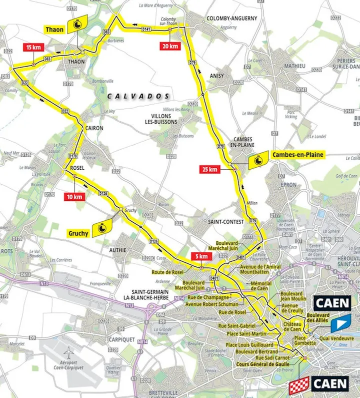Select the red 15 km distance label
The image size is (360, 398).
pyautogui.click(x=33, y=47)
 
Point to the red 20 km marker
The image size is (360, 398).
pyautogui.click(x=168, y=47)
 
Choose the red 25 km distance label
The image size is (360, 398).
pyautogui.click(x=209, y=170)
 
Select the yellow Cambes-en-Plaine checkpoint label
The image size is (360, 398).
pyautogui.click(x=298, y=155)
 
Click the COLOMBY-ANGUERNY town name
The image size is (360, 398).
pyautogui.click(x=231, y=18)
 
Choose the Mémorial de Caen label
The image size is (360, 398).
pyautogui.click(x=260, y=285)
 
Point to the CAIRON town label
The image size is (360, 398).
pyautogui.click(x=93, y=128)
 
